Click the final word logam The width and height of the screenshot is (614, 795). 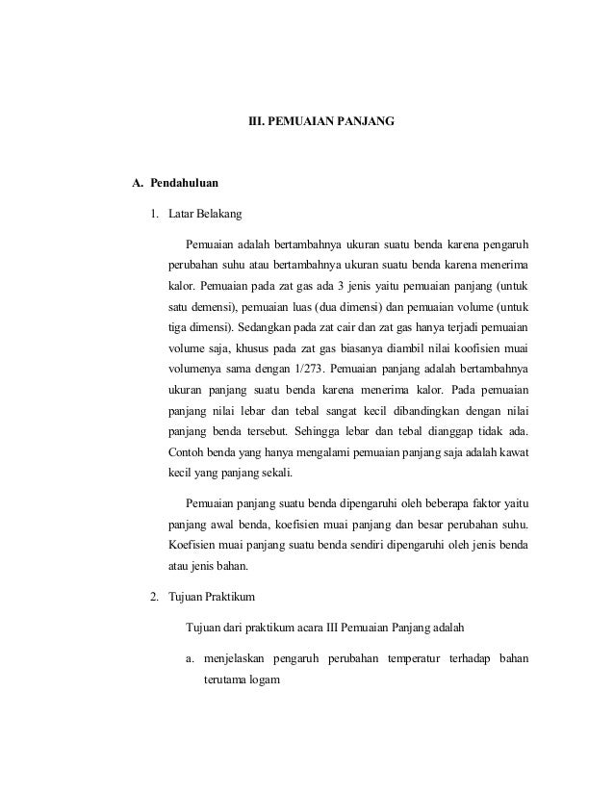(x=263, y=680)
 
